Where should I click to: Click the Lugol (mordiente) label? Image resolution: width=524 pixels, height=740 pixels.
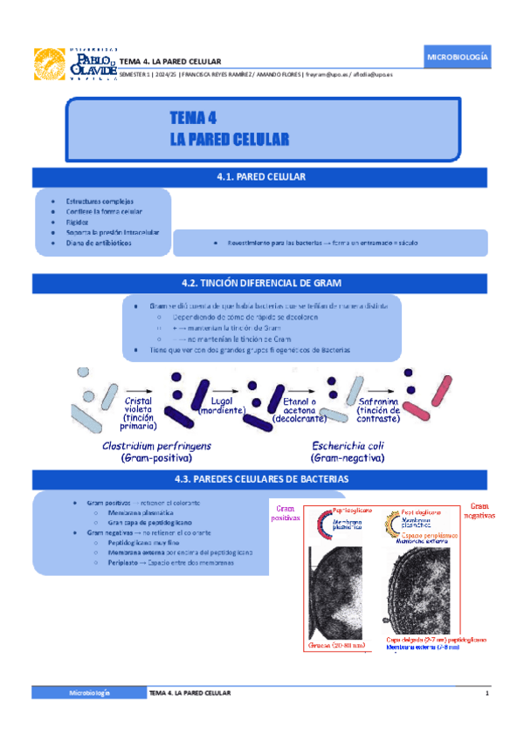(223, 404)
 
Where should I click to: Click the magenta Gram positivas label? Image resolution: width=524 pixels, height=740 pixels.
(285, 513)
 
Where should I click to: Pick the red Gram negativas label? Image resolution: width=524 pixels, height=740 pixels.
(479, 511)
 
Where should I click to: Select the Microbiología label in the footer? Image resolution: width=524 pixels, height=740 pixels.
(90, 692)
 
